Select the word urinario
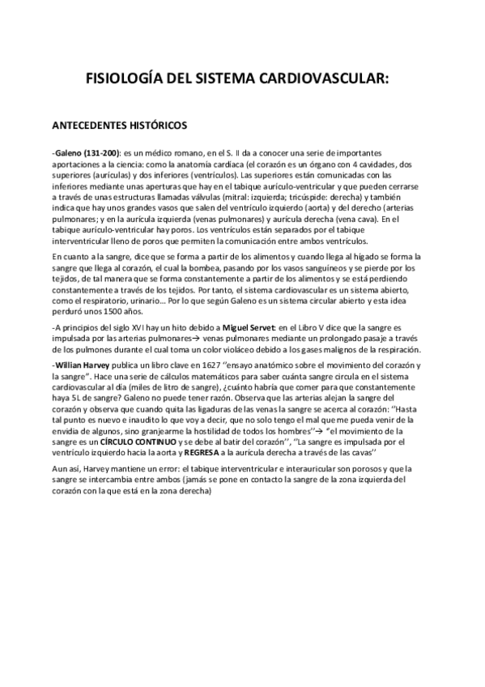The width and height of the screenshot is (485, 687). click(155, 301)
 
